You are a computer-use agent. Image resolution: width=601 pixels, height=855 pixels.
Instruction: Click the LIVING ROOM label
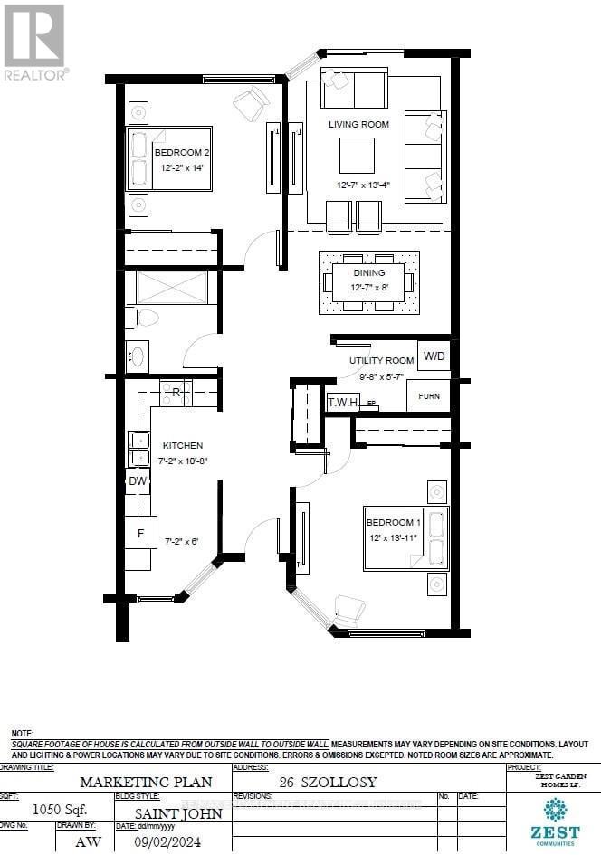click(x=358, y=124)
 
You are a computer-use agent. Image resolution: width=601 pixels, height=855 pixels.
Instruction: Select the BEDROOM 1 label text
click(x=393, y=523)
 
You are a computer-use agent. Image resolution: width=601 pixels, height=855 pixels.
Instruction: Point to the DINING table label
click(x=368, y=272)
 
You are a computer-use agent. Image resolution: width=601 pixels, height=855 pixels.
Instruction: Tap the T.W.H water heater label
click(x=342, y=401)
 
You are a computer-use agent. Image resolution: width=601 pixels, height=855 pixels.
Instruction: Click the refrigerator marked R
click(x=176, y=392)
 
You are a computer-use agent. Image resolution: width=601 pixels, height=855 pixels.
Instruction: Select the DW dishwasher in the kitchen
click(x=138, y=481)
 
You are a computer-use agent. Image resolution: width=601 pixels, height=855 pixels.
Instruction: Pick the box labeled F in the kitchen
click(x=140, y=533)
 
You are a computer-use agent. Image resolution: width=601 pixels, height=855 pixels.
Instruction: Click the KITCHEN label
click(x=182, y=445)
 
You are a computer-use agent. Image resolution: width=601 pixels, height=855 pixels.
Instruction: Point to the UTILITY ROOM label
click(x=380, y=360)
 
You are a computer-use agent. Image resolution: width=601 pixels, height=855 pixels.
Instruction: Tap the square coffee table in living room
click(x=357, y=155)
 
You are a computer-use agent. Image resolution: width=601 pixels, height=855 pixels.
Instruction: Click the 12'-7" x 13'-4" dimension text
click(x=363, y=185)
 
